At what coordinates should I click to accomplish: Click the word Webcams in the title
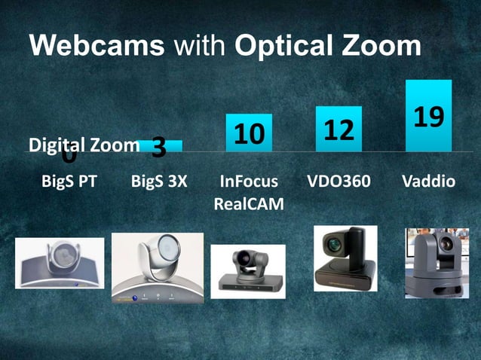[x=97, y=47]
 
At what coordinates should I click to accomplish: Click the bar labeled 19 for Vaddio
[x=428, y=115]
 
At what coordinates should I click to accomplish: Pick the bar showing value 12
[x=339, y=129]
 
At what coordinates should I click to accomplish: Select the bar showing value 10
[x=249, y=133]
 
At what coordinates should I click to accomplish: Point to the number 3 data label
[x=158, y=148]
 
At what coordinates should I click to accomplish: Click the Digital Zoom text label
[x=83, y=145]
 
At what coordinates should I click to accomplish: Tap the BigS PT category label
[x=69, y=182]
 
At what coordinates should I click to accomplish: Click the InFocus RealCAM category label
[x=249, y=192]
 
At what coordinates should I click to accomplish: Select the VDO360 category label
[x=339, y=182]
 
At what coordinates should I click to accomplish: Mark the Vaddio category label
[x=428, y=182]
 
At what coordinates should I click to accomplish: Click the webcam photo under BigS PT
[x=60, y=263]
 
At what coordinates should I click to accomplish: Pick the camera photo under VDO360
[x=345, y=258]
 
